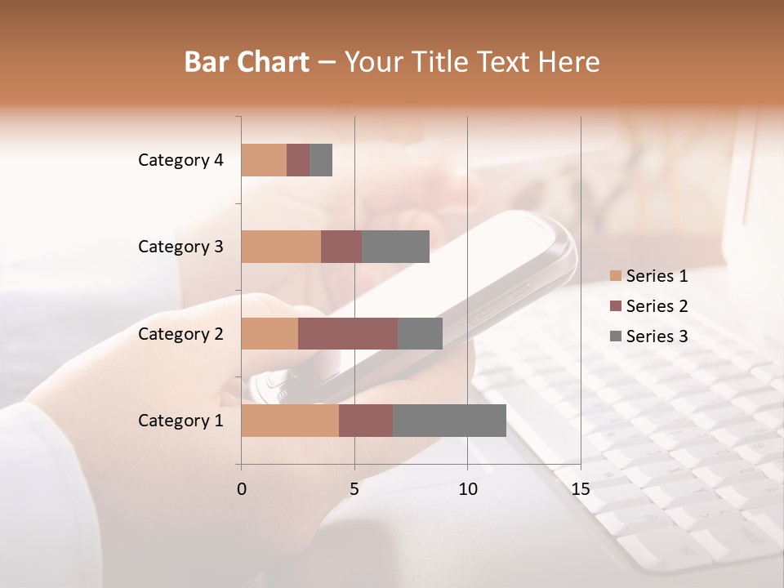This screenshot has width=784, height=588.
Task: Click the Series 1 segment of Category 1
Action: (x=290, y=421)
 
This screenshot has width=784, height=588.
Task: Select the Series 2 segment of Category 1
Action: (x=366, y=421)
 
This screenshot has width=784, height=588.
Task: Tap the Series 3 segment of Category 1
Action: (x=449, y=421)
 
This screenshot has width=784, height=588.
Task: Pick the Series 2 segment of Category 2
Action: (x=348, y=333)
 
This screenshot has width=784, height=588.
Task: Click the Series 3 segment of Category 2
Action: (x=420, y=333)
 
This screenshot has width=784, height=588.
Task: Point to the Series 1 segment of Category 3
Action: (x=281, y=247)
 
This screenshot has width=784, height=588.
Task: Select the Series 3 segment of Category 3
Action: (x=395, y=247)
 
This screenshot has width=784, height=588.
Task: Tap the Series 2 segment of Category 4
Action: (x=298, y=160)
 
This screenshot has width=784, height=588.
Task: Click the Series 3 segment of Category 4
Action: (x=321, y=160)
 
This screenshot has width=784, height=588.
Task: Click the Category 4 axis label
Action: (x=180, y=160)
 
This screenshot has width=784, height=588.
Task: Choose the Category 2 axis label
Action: (x=180, y=334)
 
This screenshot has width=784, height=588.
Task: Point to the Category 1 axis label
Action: (x=180, y=421)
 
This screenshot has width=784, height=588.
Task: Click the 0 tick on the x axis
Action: (x=242, y=489)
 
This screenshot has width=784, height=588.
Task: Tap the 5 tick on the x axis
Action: (x=354, y=489)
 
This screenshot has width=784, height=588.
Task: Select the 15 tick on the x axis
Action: (x=580, y=489)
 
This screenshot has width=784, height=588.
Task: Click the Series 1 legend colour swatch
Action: (x=616, y=276)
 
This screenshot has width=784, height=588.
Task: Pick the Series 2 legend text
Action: (x=657, y=306)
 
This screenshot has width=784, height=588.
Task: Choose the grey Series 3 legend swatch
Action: (x=616, y=336)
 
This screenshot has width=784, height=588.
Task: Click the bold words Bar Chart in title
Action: (x=247, y=62)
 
